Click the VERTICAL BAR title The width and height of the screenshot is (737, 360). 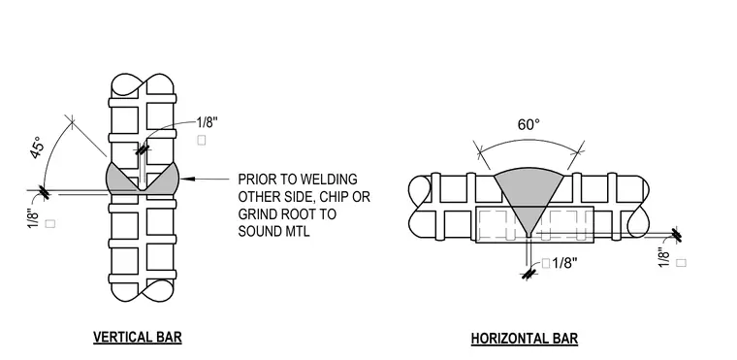(138, 338)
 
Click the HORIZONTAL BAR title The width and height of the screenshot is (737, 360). (524, 339)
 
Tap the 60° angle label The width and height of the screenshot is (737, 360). (529, 125)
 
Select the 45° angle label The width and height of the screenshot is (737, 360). (38, 147)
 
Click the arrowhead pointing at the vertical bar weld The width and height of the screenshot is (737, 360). (186, 179)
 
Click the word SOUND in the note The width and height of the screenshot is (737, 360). (260, 231)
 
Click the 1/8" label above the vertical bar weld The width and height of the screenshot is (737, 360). (208, 123)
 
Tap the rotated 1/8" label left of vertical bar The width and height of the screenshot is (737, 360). (33, 219)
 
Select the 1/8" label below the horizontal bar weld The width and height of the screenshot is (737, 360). (564, 263)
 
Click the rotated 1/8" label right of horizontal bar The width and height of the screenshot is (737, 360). (663, 257)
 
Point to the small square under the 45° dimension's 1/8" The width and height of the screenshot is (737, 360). (50, 224)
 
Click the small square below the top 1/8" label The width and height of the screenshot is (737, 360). (202, 140)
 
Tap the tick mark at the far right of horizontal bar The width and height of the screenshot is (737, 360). (676, 235)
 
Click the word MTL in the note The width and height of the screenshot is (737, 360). (298, 231)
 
